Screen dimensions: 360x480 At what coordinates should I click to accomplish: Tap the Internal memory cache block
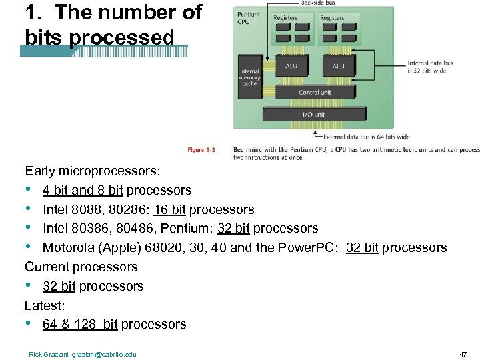click(250, 79)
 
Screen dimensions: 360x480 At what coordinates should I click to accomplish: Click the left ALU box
click(291, 66)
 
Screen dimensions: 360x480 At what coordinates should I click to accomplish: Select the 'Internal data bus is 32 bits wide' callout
click(430, 67)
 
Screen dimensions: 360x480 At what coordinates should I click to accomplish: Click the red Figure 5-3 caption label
click(201, 150)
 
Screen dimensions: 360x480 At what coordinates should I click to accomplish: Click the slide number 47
click(463, 353)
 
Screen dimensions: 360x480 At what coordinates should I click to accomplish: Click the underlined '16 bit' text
click(169, 209)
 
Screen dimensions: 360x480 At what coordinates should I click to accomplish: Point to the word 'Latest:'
click(44, 305)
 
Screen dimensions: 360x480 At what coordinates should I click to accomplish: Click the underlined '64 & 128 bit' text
click(80, 325)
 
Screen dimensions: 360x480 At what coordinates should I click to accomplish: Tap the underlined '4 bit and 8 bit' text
click(83, 191)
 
